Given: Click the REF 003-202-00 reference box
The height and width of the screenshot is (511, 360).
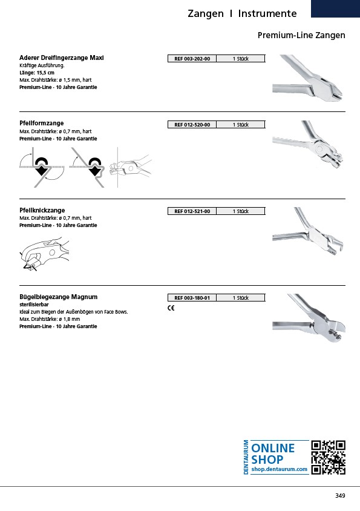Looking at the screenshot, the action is click(192, 59).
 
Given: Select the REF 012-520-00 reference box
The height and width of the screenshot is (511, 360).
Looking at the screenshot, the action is click(192, 125).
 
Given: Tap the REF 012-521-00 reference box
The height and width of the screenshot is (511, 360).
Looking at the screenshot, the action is click(192, 211).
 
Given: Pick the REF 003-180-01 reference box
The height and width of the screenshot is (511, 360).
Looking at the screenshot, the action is click(192, 298).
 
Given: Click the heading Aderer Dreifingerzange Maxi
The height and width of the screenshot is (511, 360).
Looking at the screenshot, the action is click(62, 58).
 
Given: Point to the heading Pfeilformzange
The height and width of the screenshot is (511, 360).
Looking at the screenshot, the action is click(41, 123).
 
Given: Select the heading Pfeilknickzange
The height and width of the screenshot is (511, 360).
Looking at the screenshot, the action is click(42, 210).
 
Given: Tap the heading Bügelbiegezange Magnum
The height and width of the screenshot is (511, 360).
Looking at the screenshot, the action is click(58, 297).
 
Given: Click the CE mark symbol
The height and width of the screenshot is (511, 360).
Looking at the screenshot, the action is click(171, 308).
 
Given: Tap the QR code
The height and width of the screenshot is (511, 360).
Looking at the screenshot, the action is click(328, 457).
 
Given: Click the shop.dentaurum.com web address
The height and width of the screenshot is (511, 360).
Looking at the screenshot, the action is click(279, 469).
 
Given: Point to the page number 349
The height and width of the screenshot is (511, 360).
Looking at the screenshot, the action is click(340, 496).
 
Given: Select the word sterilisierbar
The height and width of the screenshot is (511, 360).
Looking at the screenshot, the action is click(34, 305).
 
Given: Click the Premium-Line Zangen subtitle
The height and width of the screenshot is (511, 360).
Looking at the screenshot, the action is click(301, 35).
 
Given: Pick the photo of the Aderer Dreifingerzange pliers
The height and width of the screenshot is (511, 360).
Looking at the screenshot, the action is click(308, 78).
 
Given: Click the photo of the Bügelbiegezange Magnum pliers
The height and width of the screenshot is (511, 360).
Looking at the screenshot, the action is click(309, 318).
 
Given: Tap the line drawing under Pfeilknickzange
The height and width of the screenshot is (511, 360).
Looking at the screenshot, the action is click(45, 254).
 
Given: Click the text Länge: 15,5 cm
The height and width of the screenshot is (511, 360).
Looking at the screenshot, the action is click(37, 73).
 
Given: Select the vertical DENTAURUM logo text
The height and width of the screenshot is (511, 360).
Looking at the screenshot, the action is click(246, 457).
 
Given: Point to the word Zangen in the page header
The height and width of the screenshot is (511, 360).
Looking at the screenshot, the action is click(206, 14).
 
